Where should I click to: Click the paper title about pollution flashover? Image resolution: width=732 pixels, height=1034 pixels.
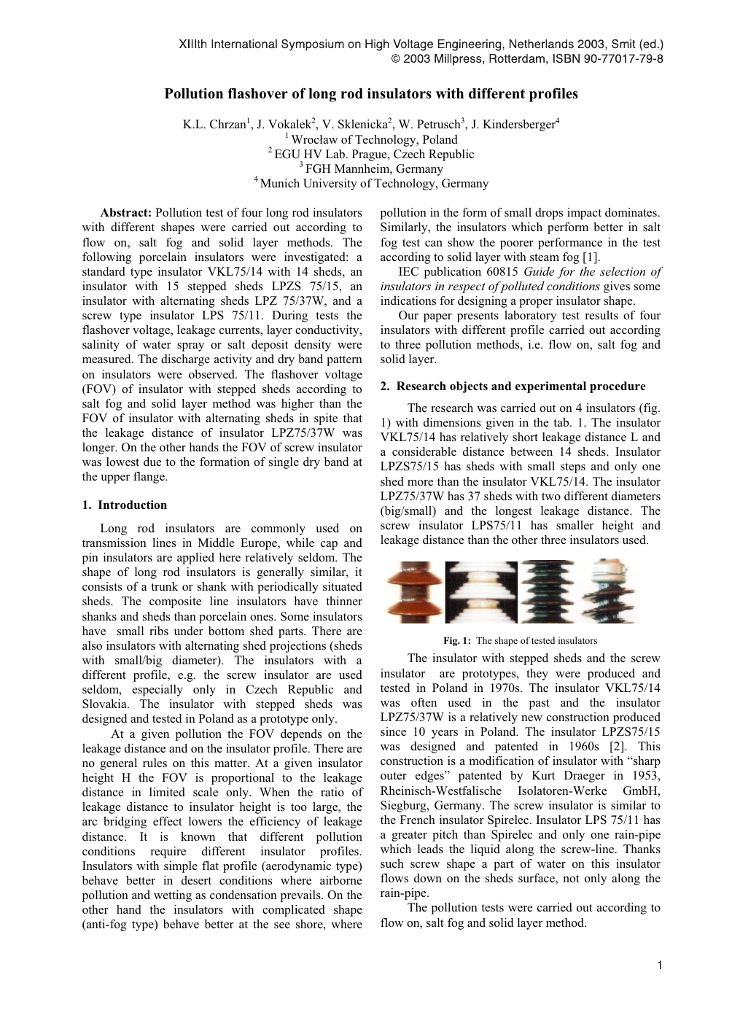pyautogui.click(x=370, y=94)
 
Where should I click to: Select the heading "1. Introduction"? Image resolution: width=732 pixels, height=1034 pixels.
pyautogui.click(x=125, y=505)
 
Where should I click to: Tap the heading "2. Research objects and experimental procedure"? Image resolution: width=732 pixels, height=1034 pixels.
pyautogui.click(x=513, y=386)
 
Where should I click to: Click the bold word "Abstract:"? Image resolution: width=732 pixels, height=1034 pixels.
pyautogui.click(x=126, y=213)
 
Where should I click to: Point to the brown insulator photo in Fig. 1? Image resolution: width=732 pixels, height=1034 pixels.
pyautogui.click(x=411, y=592)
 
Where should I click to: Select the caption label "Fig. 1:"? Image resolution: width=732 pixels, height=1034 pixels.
pyautogui.click(x=457, y=641)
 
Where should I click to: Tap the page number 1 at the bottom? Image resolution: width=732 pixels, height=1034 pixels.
pyautogui.click(x=659, y=966)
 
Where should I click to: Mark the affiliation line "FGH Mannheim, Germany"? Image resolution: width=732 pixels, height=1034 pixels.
pyautogui.click(x=374, y=169)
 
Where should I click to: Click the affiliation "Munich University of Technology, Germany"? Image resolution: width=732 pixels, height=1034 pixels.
pyautogui.click(x=374, y=184)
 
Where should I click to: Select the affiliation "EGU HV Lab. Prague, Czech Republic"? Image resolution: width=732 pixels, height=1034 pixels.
pyautogui.click(x=374, y=155)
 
